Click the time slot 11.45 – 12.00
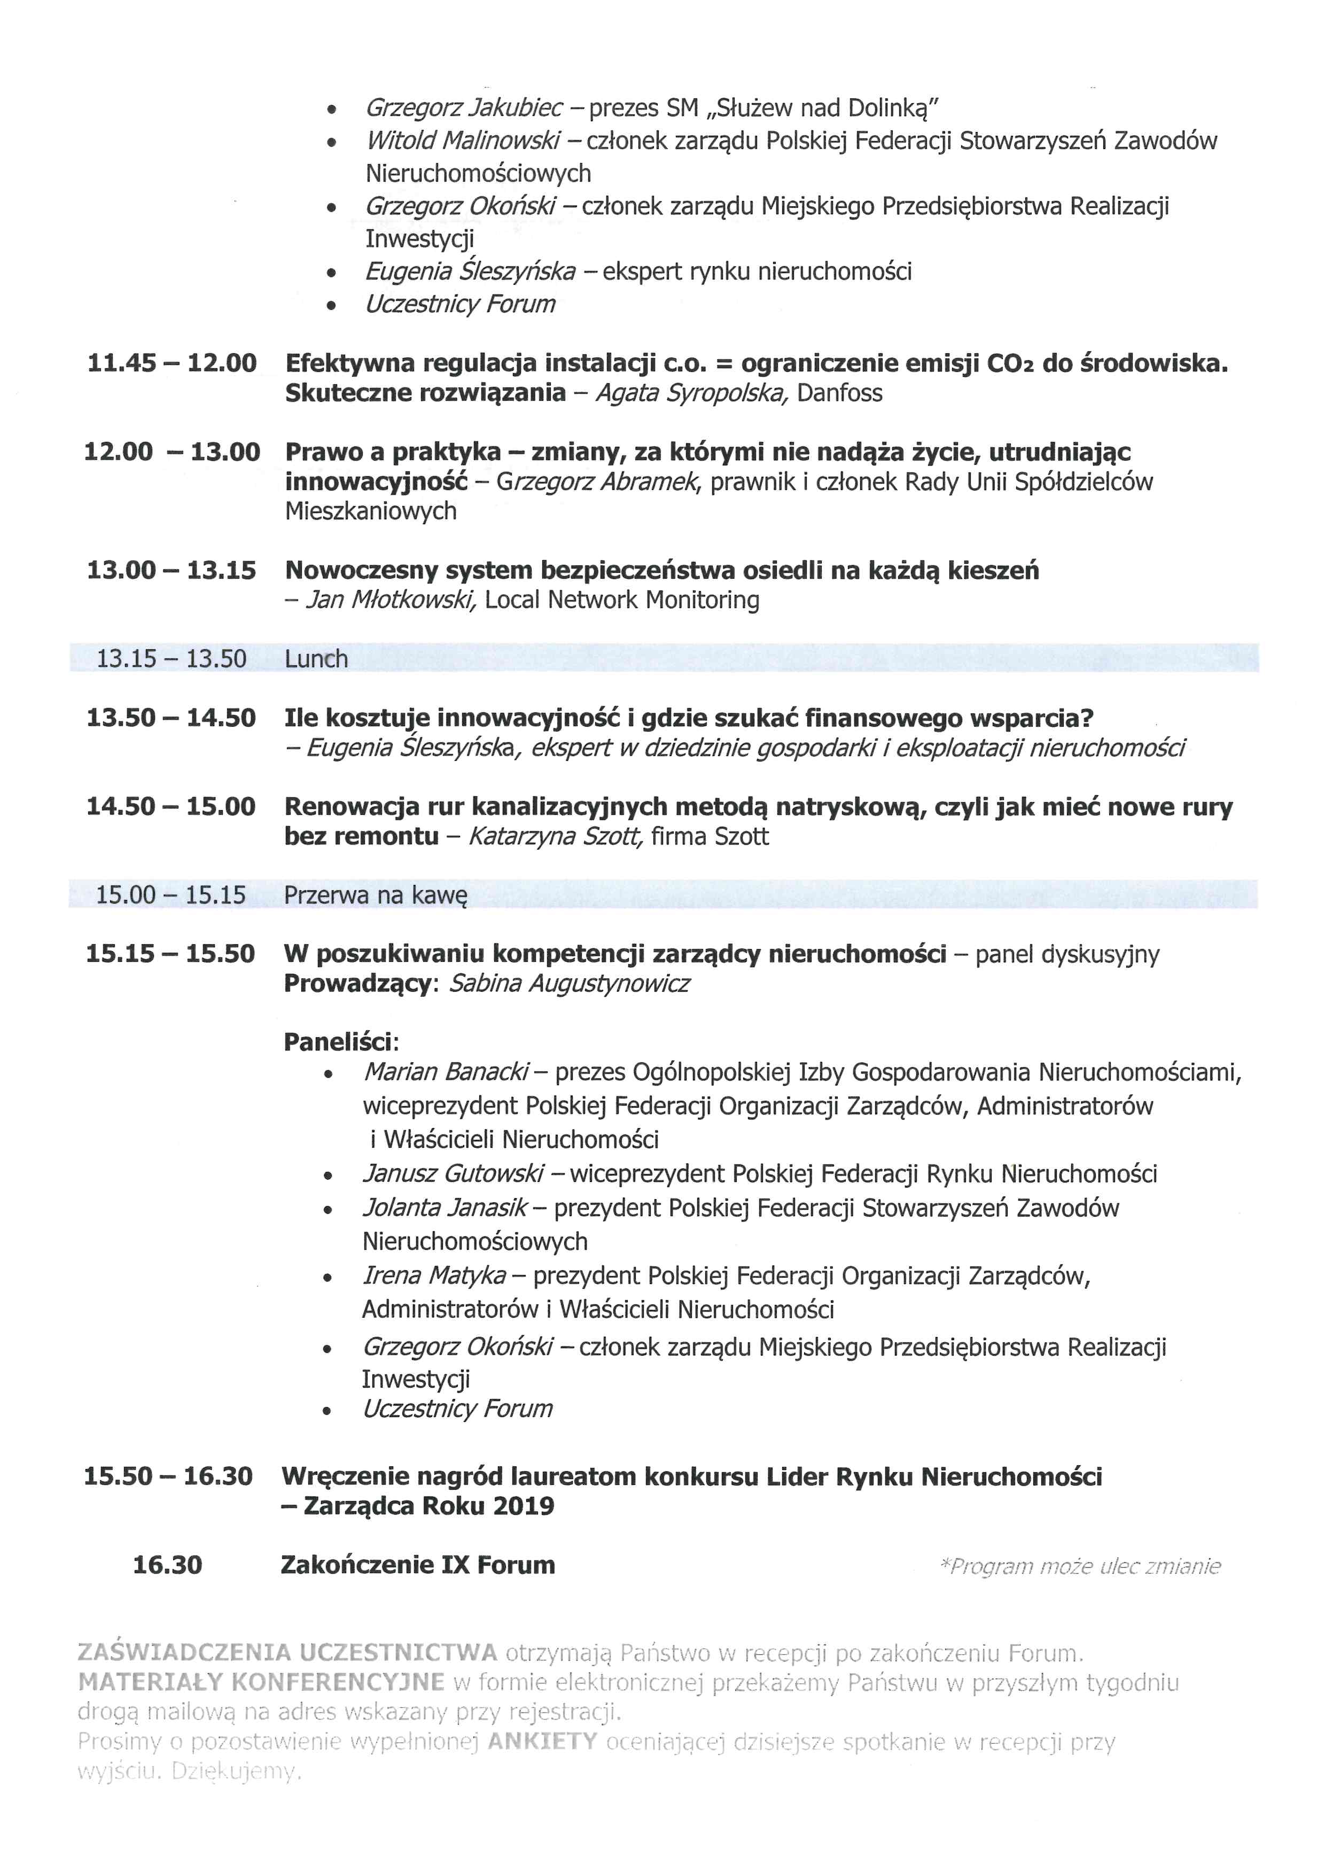tap(172, 363)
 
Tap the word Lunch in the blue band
tap(316, 659)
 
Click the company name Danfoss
tap(839, 393)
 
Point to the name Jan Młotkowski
tap(390, 600)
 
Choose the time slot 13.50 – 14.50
tap(172, 718)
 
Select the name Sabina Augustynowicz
tap(568, 984)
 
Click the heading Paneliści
tap(340, 1043)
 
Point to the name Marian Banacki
tap(446, 1072)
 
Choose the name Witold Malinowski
tap(462, 141)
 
